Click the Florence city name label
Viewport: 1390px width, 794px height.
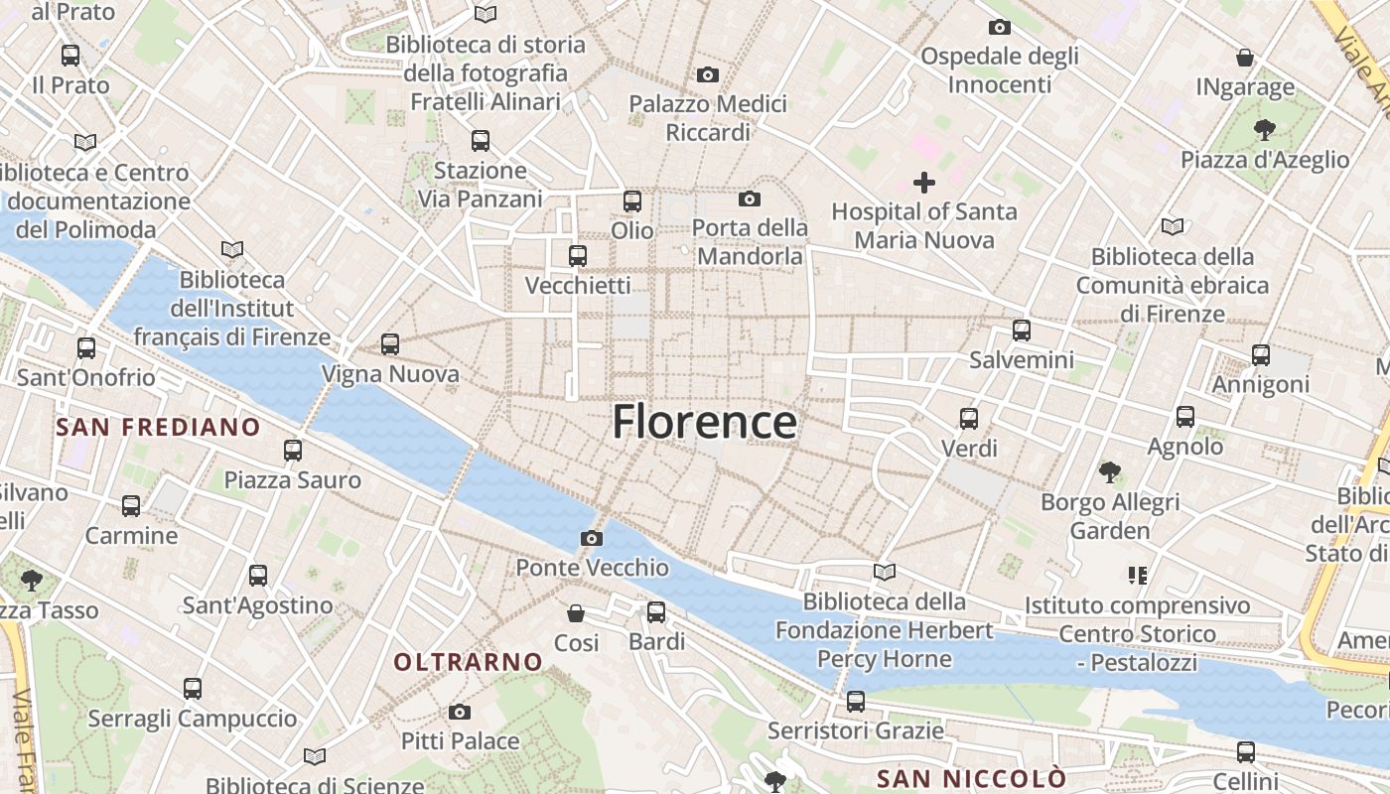click(x=704, y=422)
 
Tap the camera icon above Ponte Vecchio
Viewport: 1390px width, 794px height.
click(x=592, y=538)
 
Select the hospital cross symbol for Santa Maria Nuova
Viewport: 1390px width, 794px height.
click(x=924, y=183)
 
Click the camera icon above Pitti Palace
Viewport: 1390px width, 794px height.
click(x=459, y=712)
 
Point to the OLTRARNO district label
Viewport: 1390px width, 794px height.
click(x=469, y=662)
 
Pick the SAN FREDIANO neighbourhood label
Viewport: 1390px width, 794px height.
click(x=158, y=428)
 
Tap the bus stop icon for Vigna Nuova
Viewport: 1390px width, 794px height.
click(x=390, y=344)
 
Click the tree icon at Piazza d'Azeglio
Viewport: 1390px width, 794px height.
click(x=1264, y=129)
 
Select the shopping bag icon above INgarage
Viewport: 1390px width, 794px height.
click(x=1245, y=58)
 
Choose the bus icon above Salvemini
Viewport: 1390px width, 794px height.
click(x=1022, y=330)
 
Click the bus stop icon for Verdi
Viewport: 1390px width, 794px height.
click(x=969, y=419)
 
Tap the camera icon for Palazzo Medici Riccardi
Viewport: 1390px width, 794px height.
click(x=708, y=74)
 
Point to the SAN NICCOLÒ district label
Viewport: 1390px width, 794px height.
click(x=971, y=778)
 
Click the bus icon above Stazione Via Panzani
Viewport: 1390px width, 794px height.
click(x=481, y=141)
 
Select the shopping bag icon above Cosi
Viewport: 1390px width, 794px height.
click(x=576, y=613)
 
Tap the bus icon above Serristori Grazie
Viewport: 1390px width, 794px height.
click(x=856, y=702)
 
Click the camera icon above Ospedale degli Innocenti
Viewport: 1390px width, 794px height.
click(x=1000, y=27)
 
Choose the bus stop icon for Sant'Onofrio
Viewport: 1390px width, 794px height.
click(x=86, y=348)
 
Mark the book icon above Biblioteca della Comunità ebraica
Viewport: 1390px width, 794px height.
click(x=1173, y=226)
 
